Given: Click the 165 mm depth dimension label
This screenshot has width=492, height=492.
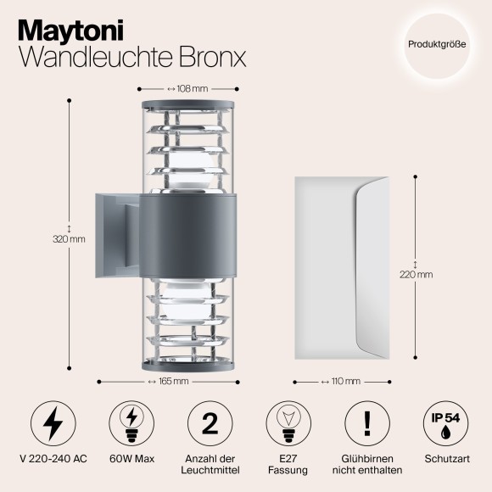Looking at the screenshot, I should tap(172, 381).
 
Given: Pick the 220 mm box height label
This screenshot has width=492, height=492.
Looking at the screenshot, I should tap(417, 274).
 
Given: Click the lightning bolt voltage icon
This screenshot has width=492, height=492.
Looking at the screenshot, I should tap(52, 421).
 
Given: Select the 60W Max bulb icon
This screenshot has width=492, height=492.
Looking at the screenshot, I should tap(131, 421).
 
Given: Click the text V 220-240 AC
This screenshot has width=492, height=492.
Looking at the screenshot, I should tap(52, 458).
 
